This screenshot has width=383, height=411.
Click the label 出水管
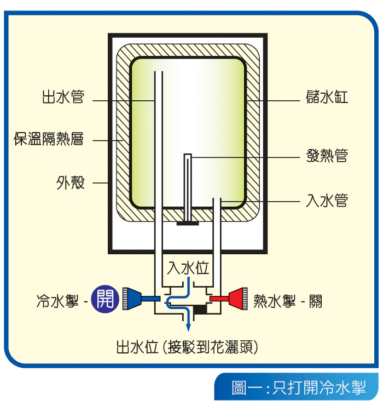pyautogui.click(x=63, y=98)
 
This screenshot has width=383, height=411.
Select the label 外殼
pyautogui.click(x=71, y=182)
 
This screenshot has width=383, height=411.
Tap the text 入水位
pyautogui.click(x=188, y=269)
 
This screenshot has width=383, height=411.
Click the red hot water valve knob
pyautogui.click(x=236, y=299)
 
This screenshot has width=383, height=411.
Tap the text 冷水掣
pyautogui.click(x=57, y=301)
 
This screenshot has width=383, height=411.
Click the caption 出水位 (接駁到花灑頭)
pyautogui.click(x=187, y=347)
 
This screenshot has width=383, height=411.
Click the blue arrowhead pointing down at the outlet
pyautogui.click(x=189, y=327)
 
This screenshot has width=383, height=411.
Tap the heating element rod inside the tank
pyautogui.click(x=188, y=186)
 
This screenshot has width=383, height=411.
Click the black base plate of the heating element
pyautogui.click(x=187, y=223)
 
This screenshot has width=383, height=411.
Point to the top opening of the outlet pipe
pyautogui.click(x=158, y=72)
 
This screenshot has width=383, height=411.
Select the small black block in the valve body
pyautogui.click(x=201, y=310)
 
